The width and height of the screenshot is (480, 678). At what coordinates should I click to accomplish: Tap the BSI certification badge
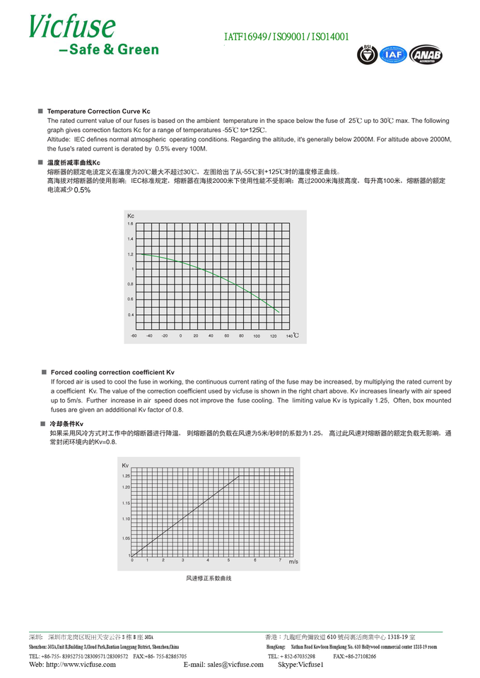[x=367, y=54]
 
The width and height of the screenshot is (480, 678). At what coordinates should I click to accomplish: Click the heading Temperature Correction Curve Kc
[x=98, y=112]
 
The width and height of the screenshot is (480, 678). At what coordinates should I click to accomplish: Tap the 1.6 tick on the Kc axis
[x=130, y=224]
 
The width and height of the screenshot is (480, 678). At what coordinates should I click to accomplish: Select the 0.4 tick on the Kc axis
[x=130, y=314]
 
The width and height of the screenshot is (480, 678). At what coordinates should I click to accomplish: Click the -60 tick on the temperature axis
[x=134, y=335]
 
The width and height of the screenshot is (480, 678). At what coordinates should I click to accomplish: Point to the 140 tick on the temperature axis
[x=289, y=335]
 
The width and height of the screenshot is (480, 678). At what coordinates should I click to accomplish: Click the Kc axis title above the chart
[x=131, y=215]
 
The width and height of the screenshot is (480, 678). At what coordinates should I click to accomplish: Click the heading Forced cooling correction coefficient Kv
[x=112, y=372]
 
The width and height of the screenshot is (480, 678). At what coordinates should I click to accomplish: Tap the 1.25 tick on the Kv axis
[x=126, y=476]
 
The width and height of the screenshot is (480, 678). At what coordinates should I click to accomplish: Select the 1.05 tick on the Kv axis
[x=126, y=538]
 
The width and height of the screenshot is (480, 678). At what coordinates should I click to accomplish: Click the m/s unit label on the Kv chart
[x=293, y=561]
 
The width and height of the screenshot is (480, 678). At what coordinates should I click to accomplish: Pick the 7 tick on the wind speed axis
[x=280, y=560]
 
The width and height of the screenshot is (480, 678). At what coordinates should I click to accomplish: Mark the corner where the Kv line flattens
[x=239, y=477]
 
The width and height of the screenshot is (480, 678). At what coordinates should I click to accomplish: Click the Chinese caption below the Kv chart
[x=209, y=578]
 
